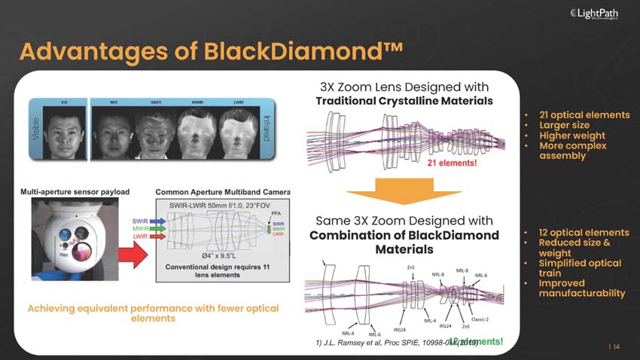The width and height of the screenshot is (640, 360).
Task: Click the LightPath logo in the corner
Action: point(601,14)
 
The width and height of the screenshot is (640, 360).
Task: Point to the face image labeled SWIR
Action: point(154,130)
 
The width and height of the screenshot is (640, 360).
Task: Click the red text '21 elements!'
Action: point(453,163)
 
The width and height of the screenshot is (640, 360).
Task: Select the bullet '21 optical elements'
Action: point(584,115)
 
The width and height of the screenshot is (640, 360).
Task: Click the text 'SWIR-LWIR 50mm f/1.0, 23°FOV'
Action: point(219,205)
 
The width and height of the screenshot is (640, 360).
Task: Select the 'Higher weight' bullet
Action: point(571,135)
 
